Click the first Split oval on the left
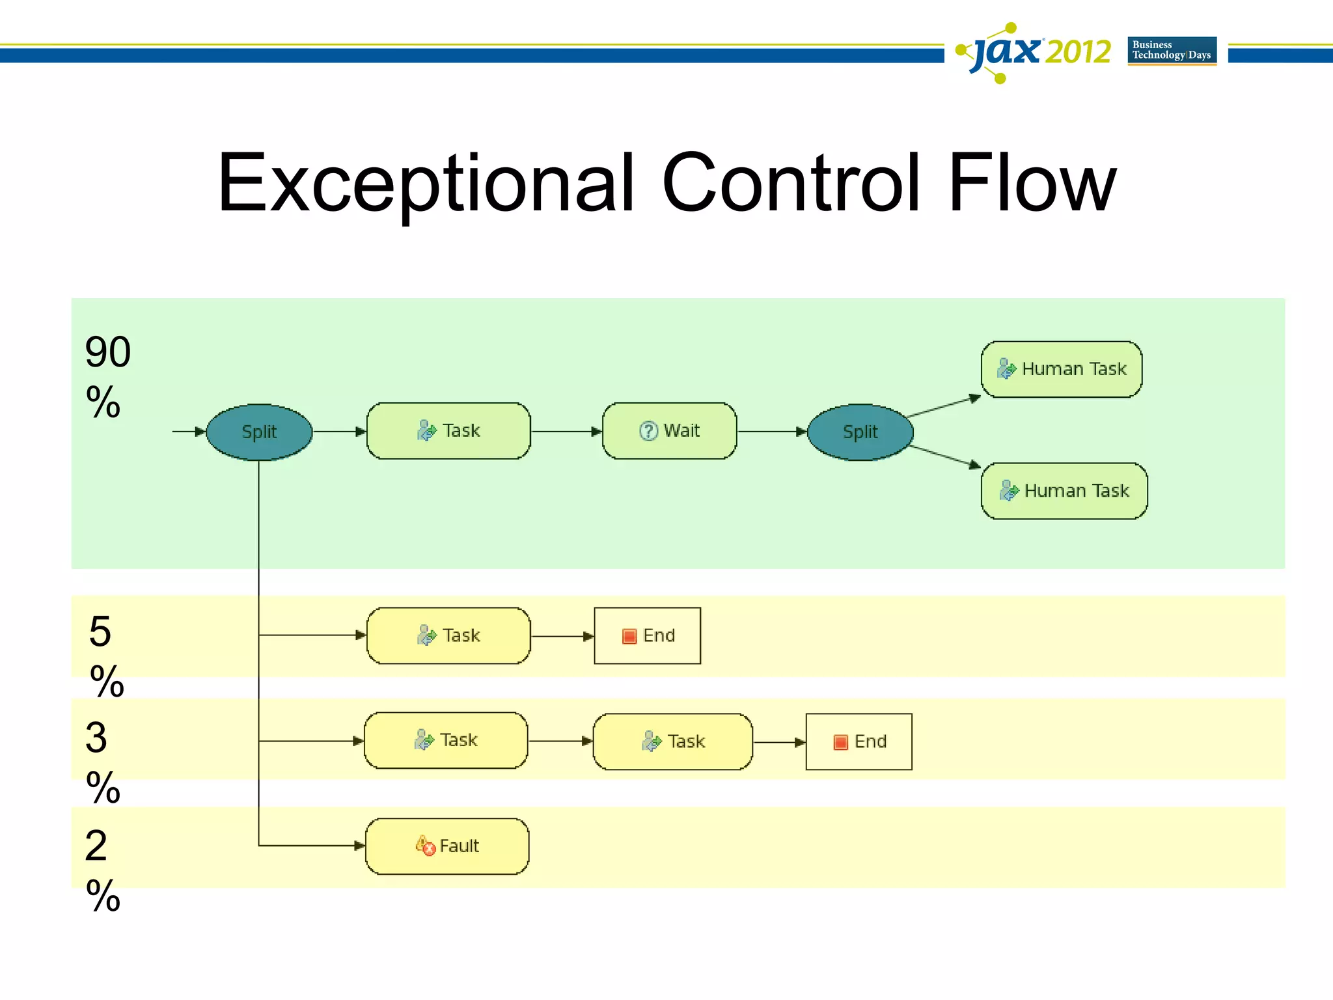[x=259, y=432]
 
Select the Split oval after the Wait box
[x=860, y=432]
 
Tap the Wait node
[x=669, y=431]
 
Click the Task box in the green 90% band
[x=448, y=431]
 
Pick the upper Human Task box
[x=1062, y=369]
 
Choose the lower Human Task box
[x=1064, y=491]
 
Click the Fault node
[x=447, y=846]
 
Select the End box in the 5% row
[x=648, y=636]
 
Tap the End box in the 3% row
[x=859, y=742]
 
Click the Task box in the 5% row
[x=448, y=636]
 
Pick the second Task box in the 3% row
[x=673, y=742]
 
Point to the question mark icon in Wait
[x=648, y=431]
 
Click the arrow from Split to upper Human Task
[x=944, y=406]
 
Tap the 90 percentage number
[x=108, y=353]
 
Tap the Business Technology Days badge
[x=1172, y=51]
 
